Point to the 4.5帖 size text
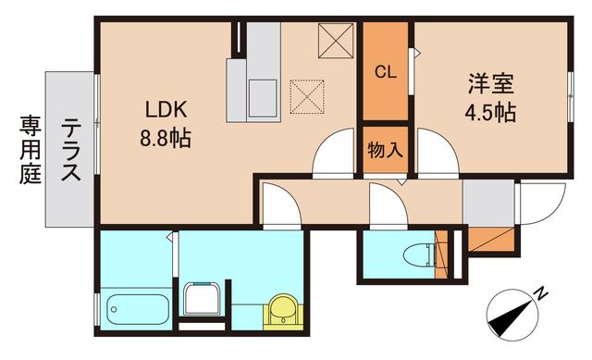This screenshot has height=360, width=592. click(490, 115)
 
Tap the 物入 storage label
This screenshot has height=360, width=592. click(385, 150)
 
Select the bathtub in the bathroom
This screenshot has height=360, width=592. click(137, 305)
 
